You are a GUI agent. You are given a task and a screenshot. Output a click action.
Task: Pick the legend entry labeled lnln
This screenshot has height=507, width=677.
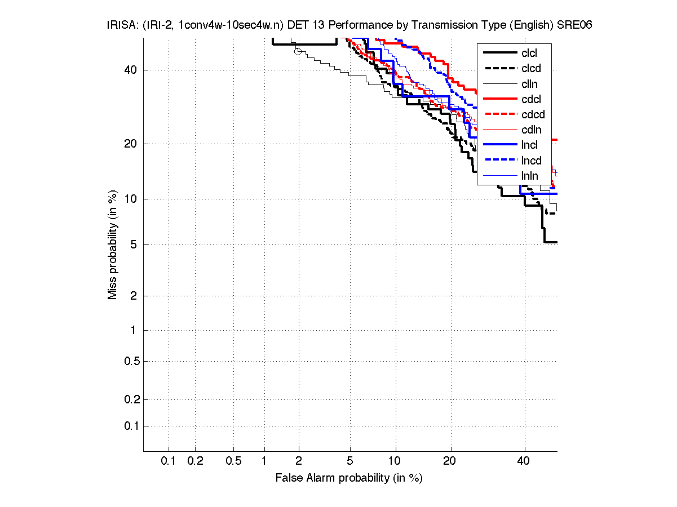tap(530, 176)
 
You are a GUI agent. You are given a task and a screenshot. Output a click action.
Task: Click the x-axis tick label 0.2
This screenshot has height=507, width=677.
tap(195, 461)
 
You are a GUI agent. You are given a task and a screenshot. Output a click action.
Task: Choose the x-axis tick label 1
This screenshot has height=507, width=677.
tap(264, 461)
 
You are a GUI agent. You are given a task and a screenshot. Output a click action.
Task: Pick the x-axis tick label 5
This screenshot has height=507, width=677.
tap(350, 461)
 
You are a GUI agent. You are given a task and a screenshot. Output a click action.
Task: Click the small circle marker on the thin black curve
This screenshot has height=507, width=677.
tap(298, 51)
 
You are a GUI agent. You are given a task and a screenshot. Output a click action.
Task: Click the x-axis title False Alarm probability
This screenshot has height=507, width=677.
tap(348, 478)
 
